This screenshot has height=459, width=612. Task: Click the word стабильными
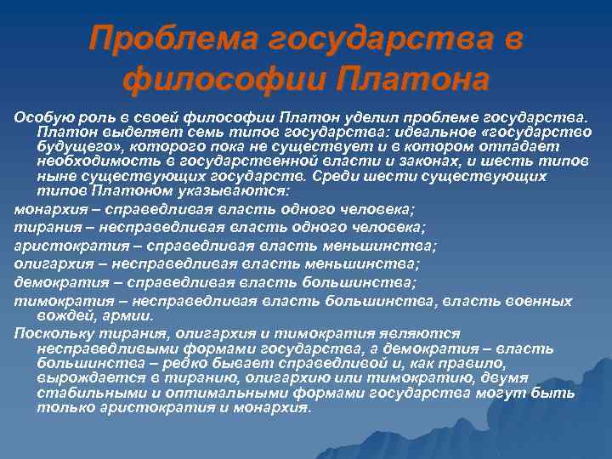pos(91,393)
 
